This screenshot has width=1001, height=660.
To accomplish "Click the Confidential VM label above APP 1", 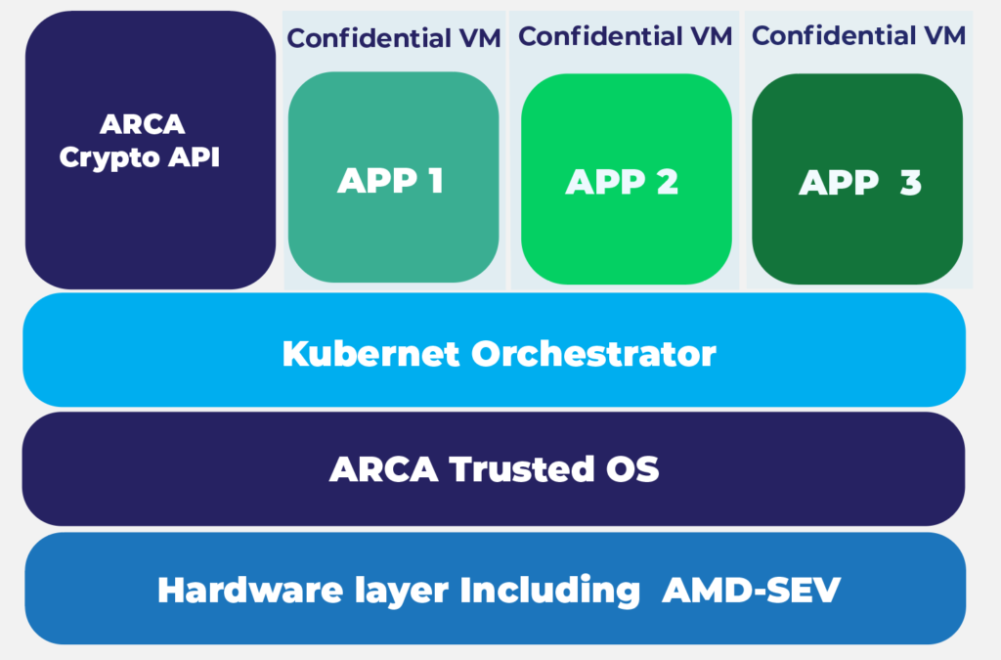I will [x=394, y=38].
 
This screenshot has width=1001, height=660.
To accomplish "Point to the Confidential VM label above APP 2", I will [x=626, y=36].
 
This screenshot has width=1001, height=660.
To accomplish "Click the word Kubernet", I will [x=370, y=353].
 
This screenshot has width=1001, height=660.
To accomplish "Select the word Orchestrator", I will [x=594, y=353].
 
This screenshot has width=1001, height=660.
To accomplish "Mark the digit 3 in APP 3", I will [x=910, y=183].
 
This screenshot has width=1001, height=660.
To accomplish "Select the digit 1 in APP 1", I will [x=434, y=180].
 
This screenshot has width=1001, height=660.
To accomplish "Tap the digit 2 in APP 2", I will [x=667, y=183].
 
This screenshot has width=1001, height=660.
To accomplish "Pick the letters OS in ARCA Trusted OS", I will [x=633, y=469].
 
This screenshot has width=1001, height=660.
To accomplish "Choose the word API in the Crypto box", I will [x=193, y=156].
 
